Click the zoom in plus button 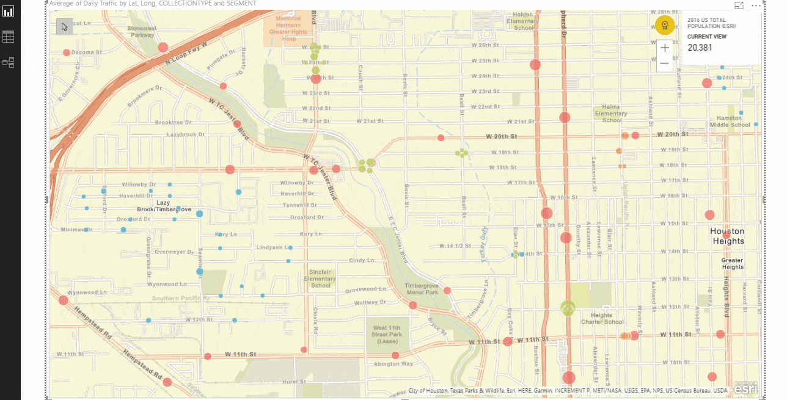pyautogui.click(x=665, y=48)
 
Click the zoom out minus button pyautogui.click(x=665, y=64)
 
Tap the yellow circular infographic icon pyautogui.click(x=664, y=25)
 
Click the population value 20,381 pyautogui.click(x=700, y=48)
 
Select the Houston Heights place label pyautogui.click(x=727, y=236)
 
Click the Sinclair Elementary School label pyautogui.click(x=321, y=278)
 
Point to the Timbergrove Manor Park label pyautogui.click(x=422, y=288)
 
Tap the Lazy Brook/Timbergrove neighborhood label pyautogui.click(x=163, y=206)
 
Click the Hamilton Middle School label pyautogui.click(x=730, y=122)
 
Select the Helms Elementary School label pyautogui.click(x=611, y=114)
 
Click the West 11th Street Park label pyautogui.click(x=387, y=334)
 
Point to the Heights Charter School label pyautogui.click(x=602, y=319)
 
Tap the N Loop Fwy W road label pyautogui.click(x=186, y=54)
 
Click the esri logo pyautogui.click(x=745, y=388)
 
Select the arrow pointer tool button pyautogui.click(x=64, y=26)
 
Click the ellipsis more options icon pyautogui.click(x=756, y=5)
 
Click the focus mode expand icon pyautogui.click(x=739, y=5)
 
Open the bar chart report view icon pyautogui.click(x=9, y=12)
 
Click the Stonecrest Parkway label pyautogui.click(x=142, y=32)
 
